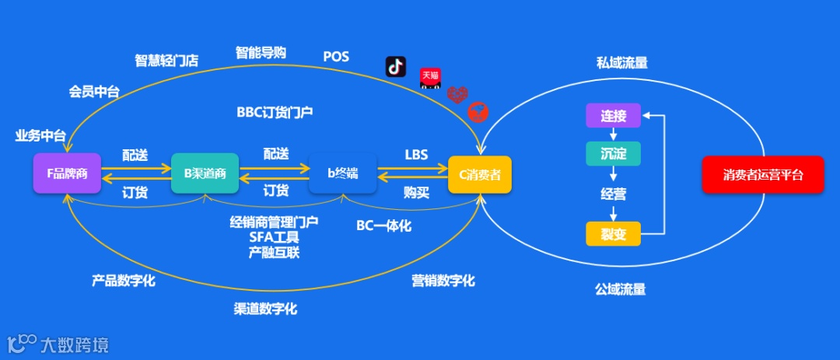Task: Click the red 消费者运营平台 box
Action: coord(762,175)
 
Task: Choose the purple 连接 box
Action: coord(613,117)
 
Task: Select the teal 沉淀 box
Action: coord(613,154)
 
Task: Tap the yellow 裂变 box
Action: coord(613,233)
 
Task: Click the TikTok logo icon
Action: coord(396,67)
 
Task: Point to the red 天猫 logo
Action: coord(430,77)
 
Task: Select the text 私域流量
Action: coord(621,63)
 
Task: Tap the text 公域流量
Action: coord(620,289)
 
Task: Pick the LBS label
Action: coord(416,155)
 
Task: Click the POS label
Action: coord(336,57)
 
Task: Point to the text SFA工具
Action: coord(274,237)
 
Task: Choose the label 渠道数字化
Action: coord(265,309)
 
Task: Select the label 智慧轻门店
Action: coord(166,61)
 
